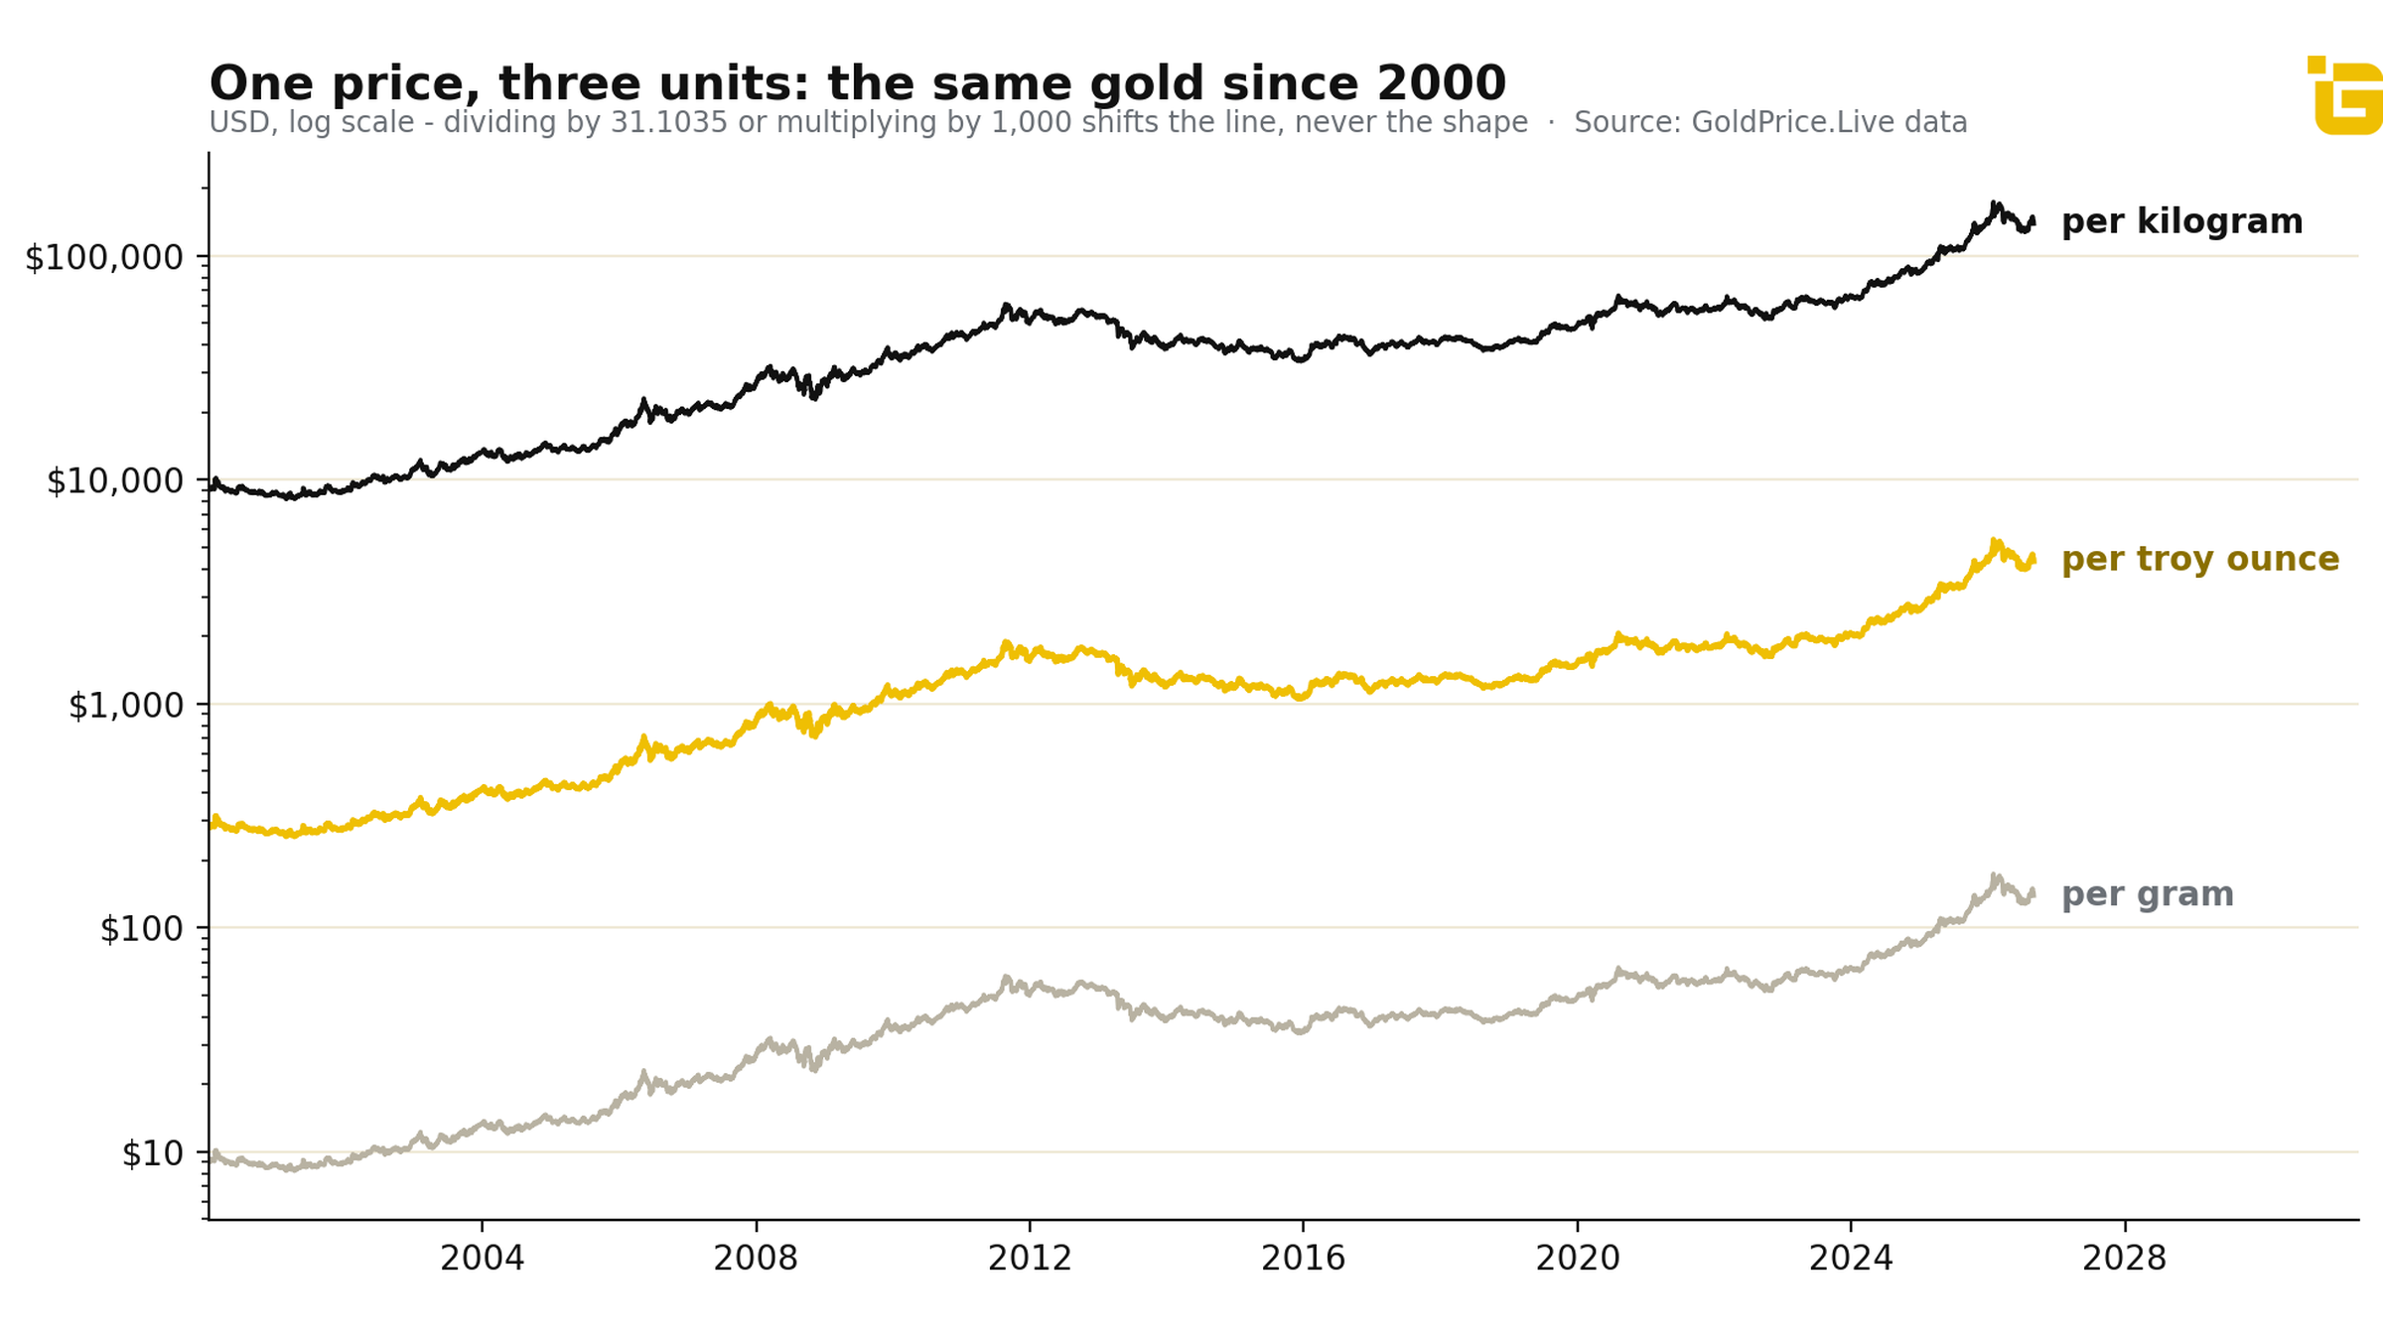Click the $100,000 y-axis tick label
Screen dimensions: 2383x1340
click(x=104, y=257)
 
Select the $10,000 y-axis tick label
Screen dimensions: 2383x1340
click(x=115, y=480)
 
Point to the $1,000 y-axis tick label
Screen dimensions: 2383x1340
click(x=126, y=705)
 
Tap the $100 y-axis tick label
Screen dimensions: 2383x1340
click(x=142, y=929)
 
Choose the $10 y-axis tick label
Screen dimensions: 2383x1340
click(x=153, y=1153)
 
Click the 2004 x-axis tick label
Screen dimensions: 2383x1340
click(x=483, y=1259)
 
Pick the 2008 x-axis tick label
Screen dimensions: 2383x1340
click(x=756, y=1259)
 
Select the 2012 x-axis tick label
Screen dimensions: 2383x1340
click(x=1030, y=1259)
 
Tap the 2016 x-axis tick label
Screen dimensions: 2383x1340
click(x=1304, y=1259)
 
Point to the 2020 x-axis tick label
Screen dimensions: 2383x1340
click(x=1578, y=1259)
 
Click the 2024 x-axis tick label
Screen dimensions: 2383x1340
click(x=1851, y=1259)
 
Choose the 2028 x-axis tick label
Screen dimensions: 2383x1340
click(x=2125, y=1259)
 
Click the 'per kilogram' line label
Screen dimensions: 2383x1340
click(x=2182, y=222)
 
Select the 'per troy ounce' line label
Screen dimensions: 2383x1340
click(x=2200, y=560)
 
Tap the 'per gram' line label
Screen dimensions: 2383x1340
click(x=2148, y=895)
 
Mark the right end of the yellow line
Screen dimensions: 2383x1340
click(x=2033, y=558)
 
